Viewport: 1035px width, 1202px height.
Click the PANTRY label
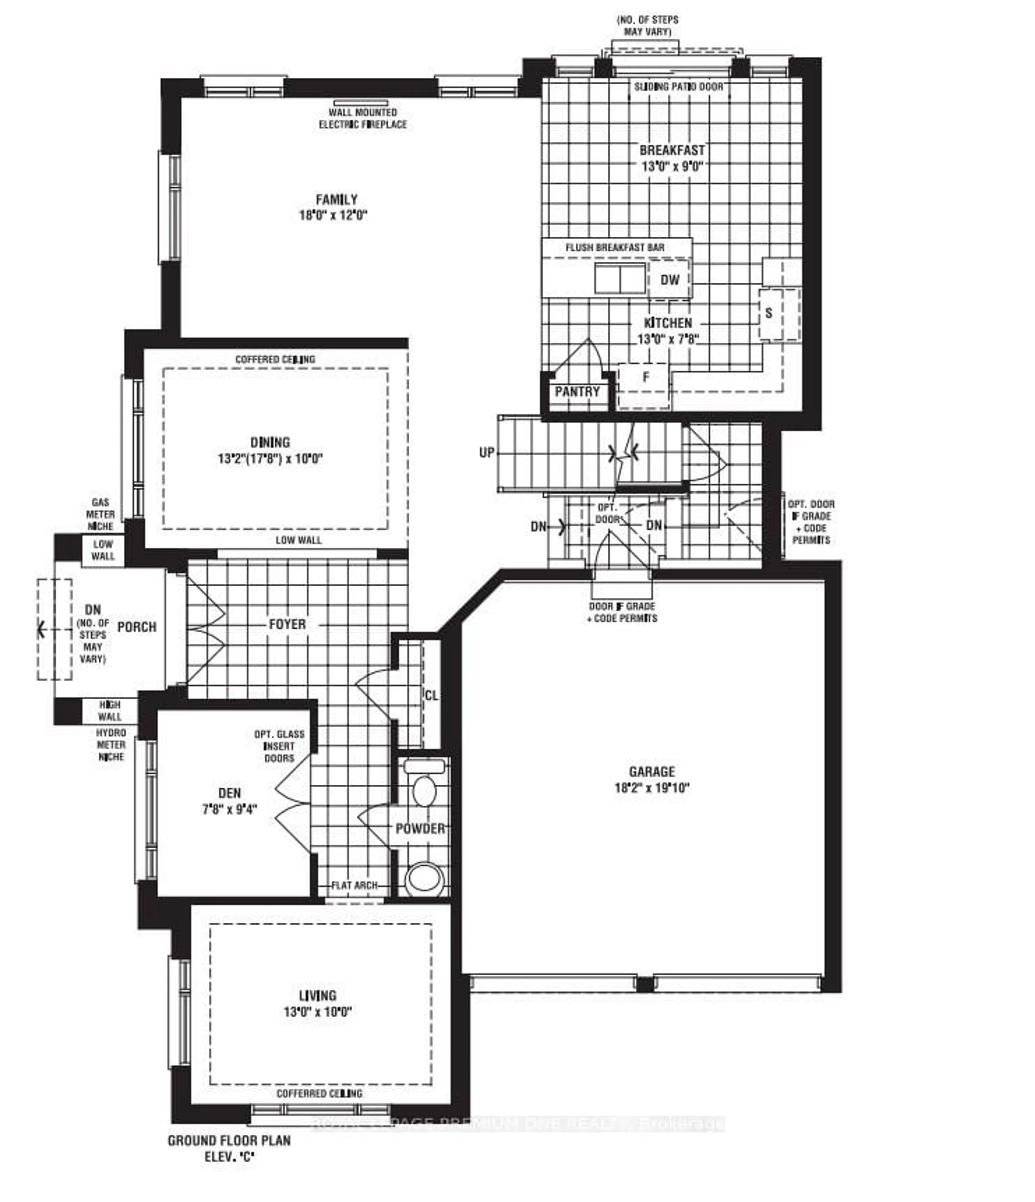(x=577, y=392)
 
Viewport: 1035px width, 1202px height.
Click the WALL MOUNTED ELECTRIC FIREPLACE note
(x=363, y=118)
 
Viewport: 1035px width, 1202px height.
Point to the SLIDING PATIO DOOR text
(x=678, y=86)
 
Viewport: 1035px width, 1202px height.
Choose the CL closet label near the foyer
(x=431, y=695)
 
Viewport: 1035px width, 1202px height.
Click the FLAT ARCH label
(x=354, y=886)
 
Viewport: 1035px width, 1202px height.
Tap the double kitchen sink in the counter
(x=620, y=279)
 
